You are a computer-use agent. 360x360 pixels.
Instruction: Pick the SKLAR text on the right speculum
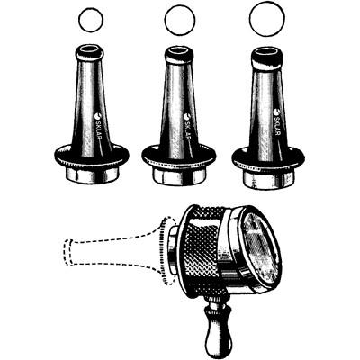276,125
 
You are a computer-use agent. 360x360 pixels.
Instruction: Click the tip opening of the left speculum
89,49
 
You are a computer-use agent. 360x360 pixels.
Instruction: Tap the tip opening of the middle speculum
179,49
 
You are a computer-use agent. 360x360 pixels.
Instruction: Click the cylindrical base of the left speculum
92,175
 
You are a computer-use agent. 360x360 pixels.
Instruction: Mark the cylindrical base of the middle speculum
179,176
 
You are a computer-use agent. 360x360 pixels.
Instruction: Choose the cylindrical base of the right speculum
268,179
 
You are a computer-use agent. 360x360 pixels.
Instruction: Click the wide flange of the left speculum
92,156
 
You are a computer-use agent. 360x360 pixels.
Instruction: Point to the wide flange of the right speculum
268,159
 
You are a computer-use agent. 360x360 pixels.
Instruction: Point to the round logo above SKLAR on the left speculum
98,115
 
